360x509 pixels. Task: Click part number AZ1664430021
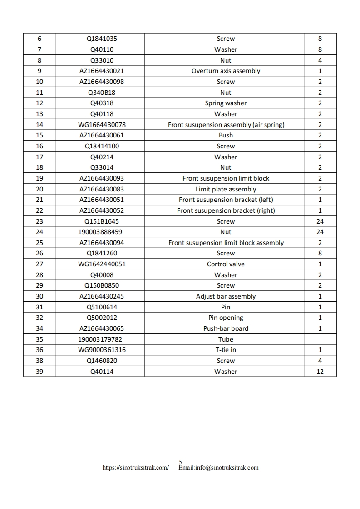point(101,71)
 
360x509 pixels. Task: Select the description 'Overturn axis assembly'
point(226,71)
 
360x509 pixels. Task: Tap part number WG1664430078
point(101,125)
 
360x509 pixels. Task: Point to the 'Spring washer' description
point(226,103)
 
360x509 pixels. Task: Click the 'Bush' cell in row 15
point(226,135)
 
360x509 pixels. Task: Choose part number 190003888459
point(100,232)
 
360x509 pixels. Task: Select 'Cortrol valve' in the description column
point(226,264)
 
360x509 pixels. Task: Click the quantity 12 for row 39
point(320,372)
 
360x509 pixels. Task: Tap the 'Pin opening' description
point(226,318)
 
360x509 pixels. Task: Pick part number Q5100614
point(101,307)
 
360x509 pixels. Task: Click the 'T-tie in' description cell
point(226,350)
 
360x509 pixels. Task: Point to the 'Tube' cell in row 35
point(226,339)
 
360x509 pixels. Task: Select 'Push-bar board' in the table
point(226,328)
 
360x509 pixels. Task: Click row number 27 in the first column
point(39,264)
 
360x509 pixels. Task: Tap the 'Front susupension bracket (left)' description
point(226,200)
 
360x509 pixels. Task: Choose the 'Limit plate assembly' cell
point(226,189)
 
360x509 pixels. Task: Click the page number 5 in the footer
point(180,462)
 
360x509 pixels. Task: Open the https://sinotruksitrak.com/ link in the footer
point(136,468)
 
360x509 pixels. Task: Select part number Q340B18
point(101,93)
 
